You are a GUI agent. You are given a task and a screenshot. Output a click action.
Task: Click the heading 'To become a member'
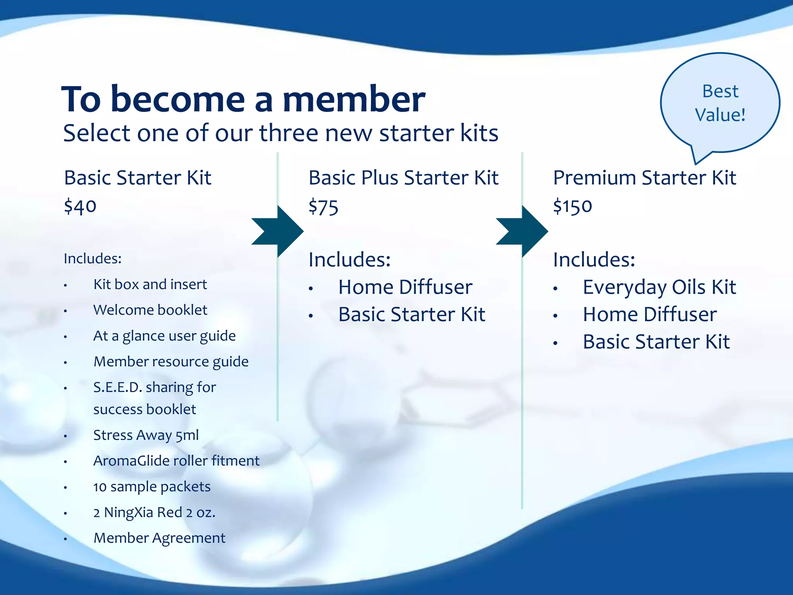click(x=243, y=100)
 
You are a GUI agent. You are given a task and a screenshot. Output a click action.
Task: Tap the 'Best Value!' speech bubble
click(x=720, y=103)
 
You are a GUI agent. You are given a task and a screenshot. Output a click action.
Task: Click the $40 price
click(x=80, y=206)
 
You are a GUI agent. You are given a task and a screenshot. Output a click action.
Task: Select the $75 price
click(x=323, y=207)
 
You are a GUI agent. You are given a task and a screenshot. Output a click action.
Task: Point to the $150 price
click(x=572, y=206)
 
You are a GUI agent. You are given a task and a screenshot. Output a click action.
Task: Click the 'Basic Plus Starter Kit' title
click(x=403, y=178)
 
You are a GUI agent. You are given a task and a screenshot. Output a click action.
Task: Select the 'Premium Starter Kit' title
click(x=644, y=178)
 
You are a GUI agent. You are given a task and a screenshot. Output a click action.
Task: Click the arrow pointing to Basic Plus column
click(x=278, y=231)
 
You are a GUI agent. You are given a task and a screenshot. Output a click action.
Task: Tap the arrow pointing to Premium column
click(x=522, y=231)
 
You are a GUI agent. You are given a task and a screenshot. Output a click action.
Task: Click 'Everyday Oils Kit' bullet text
click(x=659, y=287)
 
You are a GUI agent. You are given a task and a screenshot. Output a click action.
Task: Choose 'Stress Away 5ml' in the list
click(x=146, y=435)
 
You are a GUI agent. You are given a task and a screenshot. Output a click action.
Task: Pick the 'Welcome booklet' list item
click(x=150, y=310)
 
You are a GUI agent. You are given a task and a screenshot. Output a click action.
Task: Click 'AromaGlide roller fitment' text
click(x=176, y=461)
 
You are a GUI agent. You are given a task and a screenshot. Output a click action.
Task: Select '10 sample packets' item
click(x=152, y=487)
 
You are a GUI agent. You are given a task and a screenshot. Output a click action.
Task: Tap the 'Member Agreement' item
click(x=159, y=538)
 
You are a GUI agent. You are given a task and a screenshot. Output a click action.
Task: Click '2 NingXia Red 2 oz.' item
click(x=154, y=512)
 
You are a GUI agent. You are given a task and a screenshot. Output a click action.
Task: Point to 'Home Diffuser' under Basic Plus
click(x=405, y=287)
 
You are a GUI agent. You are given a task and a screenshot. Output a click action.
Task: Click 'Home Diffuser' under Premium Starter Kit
click(x=650, y=314)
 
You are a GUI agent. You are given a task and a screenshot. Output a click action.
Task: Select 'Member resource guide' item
click(x=171, y=361)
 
